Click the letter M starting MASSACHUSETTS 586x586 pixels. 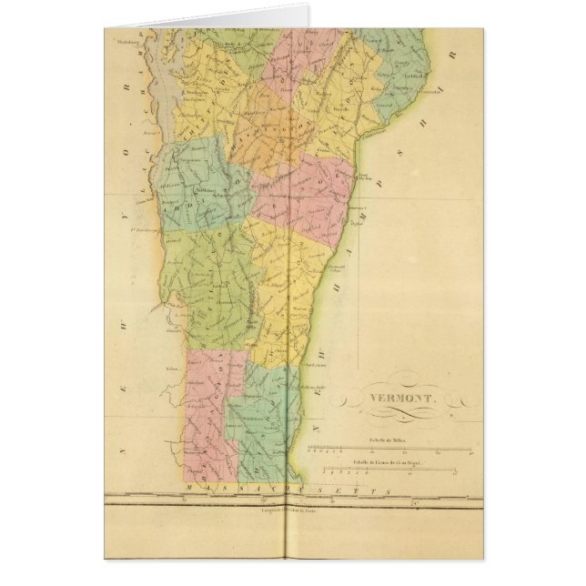click(187, 490)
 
